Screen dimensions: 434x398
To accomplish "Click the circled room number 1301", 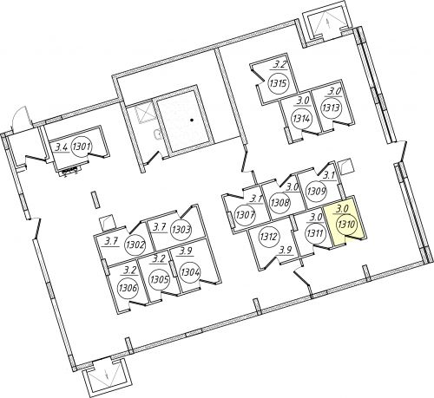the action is [82, 147].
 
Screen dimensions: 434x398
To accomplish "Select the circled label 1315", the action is [278, 83].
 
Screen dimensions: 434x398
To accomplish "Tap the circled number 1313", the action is [331, 108].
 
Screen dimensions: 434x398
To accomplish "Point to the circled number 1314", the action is [302, 118].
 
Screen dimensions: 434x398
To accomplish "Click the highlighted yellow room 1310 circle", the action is [346, 225].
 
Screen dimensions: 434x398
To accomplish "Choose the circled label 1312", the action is [269, 237].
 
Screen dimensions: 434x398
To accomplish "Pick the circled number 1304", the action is [190, 272].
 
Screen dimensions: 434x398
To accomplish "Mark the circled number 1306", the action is [128, 288].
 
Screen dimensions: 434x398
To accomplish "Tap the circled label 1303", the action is [181, 230].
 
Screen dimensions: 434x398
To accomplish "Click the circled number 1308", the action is [279, 202].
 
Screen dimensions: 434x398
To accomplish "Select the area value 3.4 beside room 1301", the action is [62, 147].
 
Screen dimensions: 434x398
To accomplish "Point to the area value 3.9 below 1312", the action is [285, 251].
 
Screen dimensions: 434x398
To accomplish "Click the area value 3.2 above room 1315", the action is [279, 64].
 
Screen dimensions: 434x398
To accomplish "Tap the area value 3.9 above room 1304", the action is [186, 251].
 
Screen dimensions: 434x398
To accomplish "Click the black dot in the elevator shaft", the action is [191, 120].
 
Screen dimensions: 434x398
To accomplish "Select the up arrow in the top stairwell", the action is [328, 23].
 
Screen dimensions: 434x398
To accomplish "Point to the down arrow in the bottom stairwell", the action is [108, 375].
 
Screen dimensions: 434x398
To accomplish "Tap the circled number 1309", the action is [316, 191].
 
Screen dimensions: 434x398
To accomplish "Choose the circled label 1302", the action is [135, 245].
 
